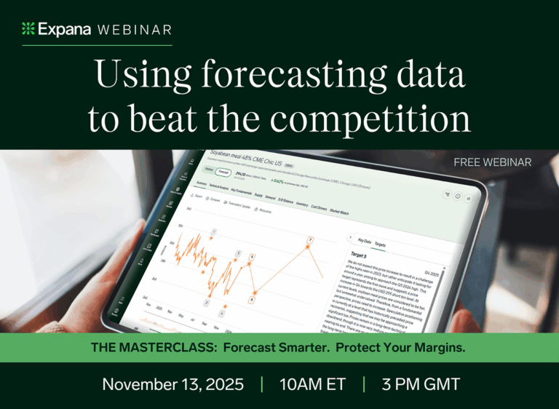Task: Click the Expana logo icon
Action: tap(28, 29)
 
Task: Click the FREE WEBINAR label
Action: tap(492, 162)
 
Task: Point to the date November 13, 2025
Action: tap(173, 384)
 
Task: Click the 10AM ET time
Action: tap(312, 384)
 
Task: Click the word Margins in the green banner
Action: tap(437, 348)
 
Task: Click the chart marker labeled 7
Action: tap(310, 239)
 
